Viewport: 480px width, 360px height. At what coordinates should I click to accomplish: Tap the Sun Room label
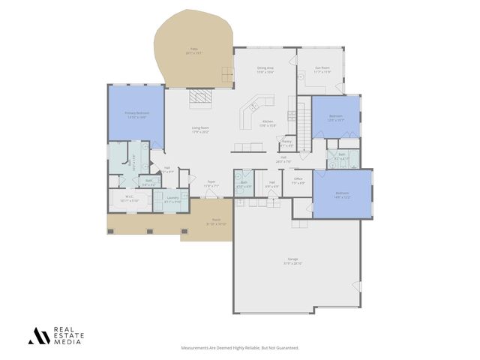click(322, 67)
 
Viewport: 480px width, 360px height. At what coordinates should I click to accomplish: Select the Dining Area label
click(265, 67)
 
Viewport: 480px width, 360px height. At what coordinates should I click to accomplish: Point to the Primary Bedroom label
click(135, 113)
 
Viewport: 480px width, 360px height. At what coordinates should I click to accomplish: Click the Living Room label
click(199, 128)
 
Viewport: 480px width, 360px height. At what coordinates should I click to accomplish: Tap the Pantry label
click(286, 140)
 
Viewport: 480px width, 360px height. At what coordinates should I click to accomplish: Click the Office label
click(298, 178)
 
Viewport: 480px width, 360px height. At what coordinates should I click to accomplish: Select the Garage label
click(292, 259)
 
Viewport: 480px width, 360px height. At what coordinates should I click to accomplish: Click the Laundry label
click(172, 198)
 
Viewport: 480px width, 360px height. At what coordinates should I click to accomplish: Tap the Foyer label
click(212, 182)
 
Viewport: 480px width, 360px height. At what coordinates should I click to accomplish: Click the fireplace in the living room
click(200, 97)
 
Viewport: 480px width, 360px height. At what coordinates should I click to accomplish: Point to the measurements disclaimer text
click(240, 348)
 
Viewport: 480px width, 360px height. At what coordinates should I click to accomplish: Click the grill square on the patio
click(226, 73)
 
